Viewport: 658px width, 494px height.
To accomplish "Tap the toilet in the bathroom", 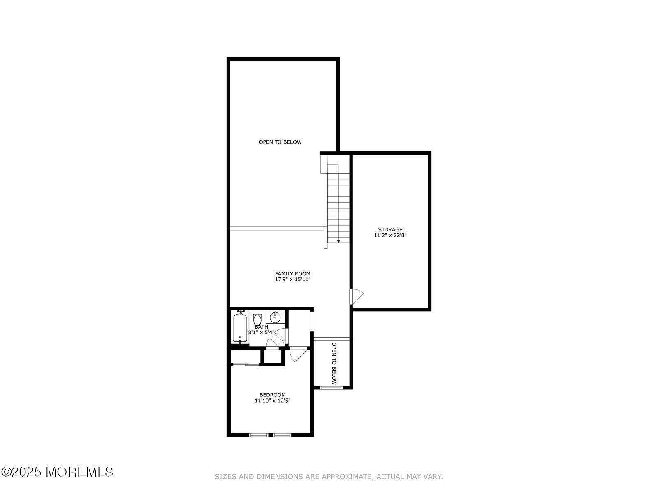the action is pos(257,317).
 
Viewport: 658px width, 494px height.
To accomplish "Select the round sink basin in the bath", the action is pos(275,317).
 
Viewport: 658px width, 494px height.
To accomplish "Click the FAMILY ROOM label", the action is pos(292,273).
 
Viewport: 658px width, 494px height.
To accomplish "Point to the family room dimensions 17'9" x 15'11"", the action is pos(292,279).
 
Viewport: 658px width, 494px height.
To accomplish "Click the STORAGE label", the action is pos(390,229).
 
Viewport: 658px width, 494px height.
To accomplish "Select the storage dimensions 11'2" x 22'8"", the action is pos(390,235).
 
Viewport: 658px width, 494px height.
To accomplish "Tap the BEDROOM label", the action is pos(273,395).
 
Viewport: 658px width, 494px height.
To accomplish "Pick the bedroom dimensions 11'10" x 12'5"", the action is pos(273,401).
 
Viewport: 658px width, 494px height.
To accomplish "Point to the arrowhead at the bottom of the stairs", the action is pos(338,242).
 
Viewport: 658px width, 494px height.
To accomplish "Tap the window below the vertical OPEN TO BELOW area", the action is pos(331,388).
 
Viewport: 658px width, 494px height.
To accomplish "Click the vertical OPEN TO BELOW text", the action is pos(334,364).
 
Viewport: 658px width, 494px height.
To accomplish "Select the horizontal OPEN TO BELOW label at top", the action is pos(280,142).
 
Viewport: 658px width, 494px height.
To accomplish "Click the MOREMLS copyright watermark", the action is pos(57,472).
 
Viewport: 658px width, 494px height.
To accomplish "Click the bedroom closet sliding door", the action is pos(246,364).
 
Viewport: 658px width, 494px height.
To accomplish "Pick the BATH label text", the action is pos(262,326).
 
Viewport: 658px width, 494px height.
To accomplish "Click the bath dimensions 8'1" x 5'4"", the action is pos(262,332).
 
